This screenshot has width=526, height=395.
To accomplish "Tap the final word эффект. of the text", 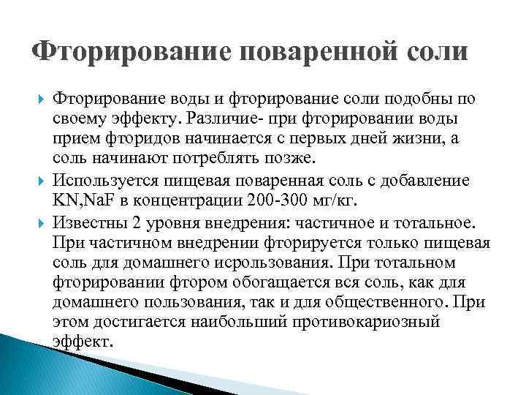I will click(83, 342).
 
